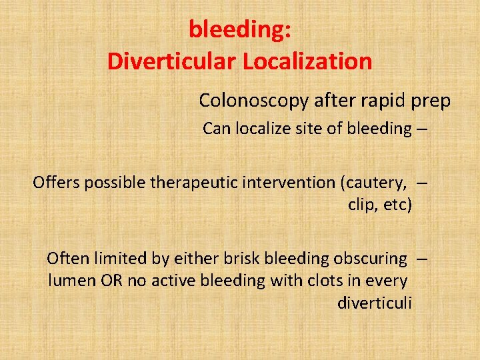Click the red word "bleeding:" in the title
[x=239, y=29]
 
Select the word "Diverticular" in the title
[x=172, y=61]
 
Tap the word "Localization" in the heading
[x=307, y=61]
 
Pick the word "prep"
[x=430, y=101]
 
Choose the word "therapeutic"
[x=191, y=182]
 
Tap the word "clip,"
[x=363, y=205]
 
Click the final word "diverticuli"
[x=375, y=303]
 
